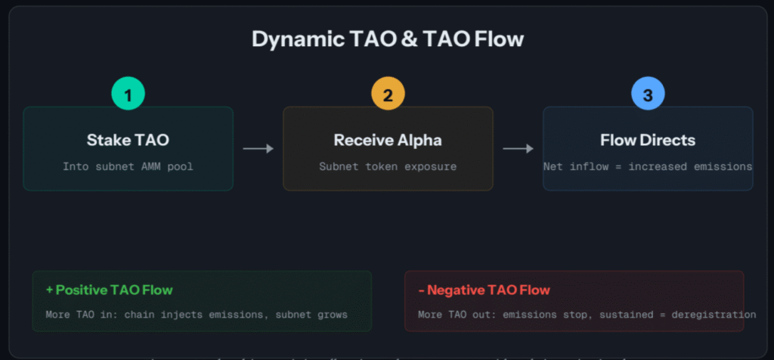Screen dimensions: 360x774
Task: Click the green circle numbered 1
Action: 128,96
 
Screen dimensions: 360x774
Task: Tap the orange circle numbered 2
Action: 388,96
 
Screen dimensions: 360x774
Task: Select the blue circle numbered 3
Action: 648,96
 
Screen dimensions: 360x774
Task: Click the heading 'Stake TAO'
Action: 128,141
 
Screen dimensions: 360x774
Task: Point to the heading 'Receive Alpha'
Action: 388,141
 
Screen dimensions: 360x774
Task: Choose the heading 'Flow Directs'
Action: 648,141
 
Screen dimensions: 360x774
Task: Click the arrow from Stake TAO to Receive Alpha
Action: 258,149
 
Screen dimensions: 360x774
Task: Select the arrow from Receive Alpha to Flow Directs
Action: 518,149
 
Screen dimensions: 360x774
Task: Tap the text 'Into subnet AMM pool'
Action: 128,166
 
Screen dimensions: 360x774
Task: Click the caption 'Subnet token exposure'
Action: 388,166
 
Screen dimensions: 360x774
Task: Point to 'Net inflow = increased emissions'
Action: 648,166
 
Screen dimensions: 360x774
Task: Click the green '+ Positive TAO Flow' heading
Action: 109,290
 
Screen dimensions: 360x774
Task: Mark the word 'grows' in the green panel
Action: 332,315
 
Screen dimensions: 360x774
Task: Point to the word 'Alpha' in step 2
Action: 416,141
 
